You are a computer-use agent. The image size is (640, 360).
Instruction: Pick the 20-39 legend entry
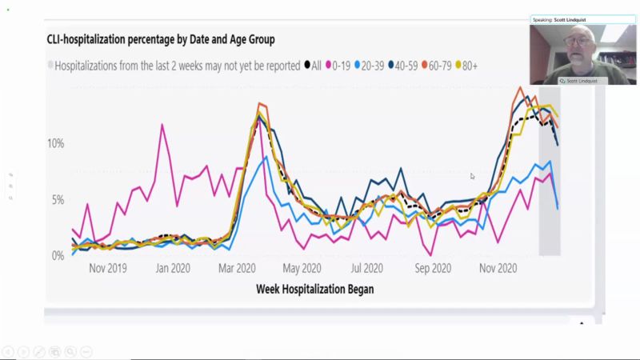pyautogui.click(x=374, y=66)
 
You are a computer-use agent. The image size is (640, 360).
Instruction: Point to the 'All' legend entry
pyautogui.click(x=313, y=66)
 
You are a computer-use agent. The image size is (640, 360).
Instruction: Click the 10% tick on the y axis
pyautogui.click(x=56, y=143)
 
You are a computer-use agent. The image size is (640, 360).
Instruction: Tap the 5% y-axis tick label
pyautogui.click(x=58, y=199)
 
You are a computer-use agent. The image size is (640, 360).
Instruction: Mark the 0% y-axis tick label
pyautogui.click(x=58, y=255)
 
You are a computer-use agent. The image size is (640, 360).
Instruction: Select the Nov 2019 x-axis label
pyautogui.click(x=107, y=268)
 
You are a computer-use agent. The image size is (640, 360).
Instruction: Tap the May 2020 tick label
pyautogui.click(x=302, y=268)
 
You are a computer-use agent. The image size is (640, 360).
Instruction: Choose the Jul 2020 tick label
pyautogui.click(x=367, y=268)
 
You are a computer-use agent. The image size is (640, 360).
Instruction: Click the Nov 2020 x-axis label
pyautogui.click(x=499, y=268)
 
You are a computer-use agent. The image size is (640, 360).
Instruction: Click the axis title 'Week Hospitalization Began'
pyautogui.click(x=314, y=288)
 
